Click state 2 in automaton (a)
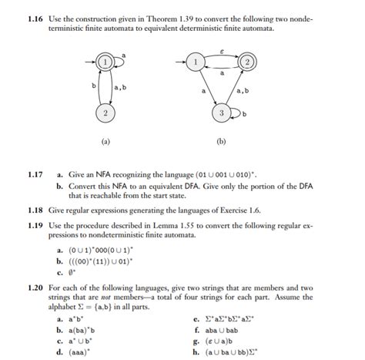pos(105,114)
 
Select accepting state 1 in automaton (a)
pos(105,60)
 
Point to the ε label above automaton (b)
pos(222,45)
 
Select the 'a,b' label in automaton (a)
pos(121,87)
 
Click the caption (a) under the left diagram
pos(105,142)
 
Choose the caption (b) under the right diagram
pos(221,142)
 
